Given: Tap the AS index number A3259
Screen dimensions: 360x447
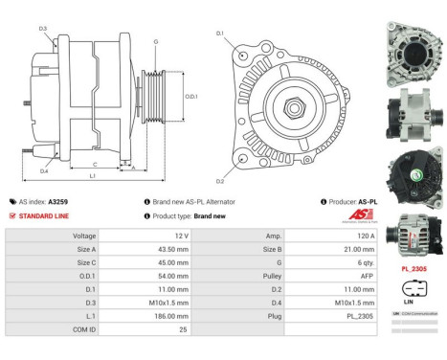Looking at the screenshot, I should point(59,202).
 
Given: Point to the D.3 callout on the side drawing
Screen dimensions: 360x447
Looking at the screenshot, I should point(44,29).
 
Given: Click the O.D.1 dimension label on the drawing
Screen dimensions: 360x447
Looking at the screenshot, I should point(191,96).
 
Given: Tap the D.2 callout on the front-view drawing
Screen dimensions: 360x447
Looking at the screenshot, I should point(220,181).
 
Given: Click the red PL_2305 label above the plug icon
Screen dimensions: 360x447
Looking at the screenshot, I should point(413,270).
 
